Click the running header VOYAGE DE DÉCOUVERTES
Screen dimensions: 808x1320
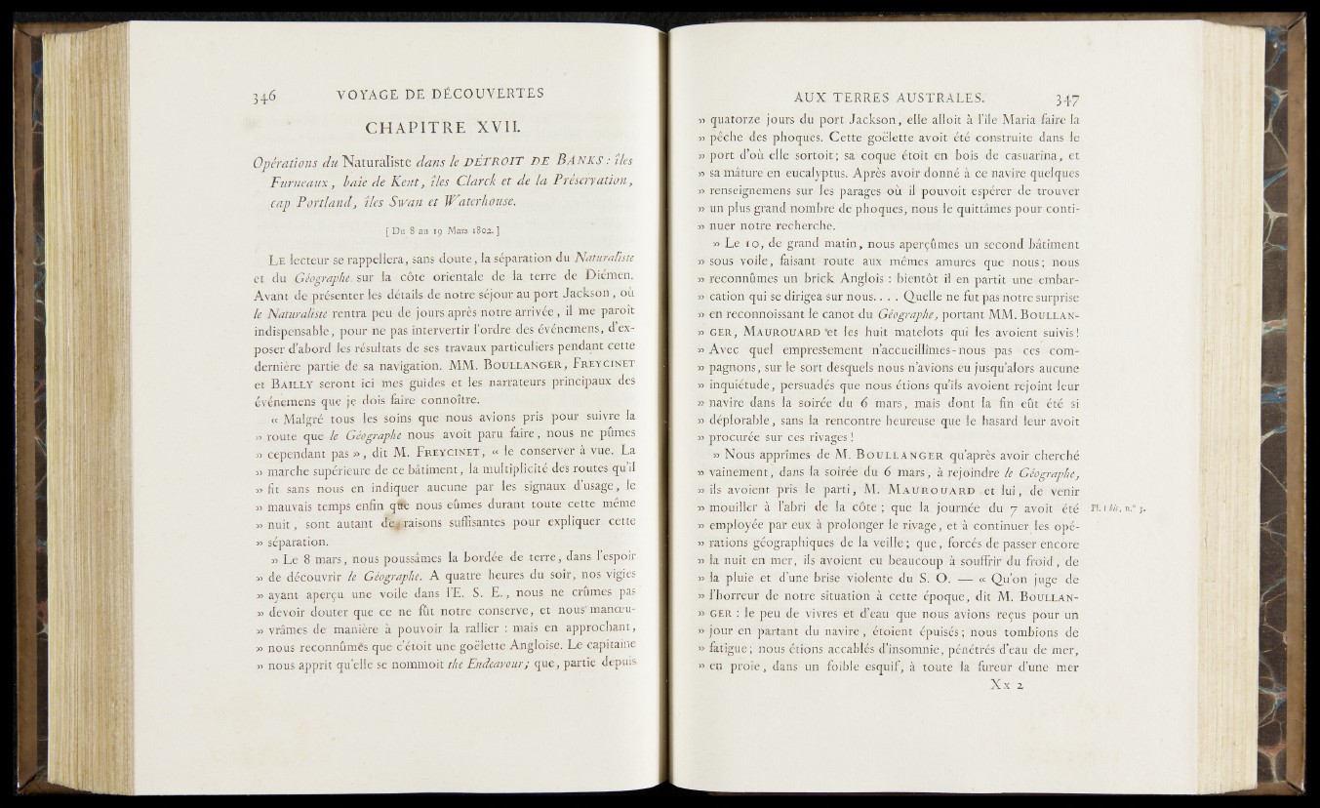[438, 94]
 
